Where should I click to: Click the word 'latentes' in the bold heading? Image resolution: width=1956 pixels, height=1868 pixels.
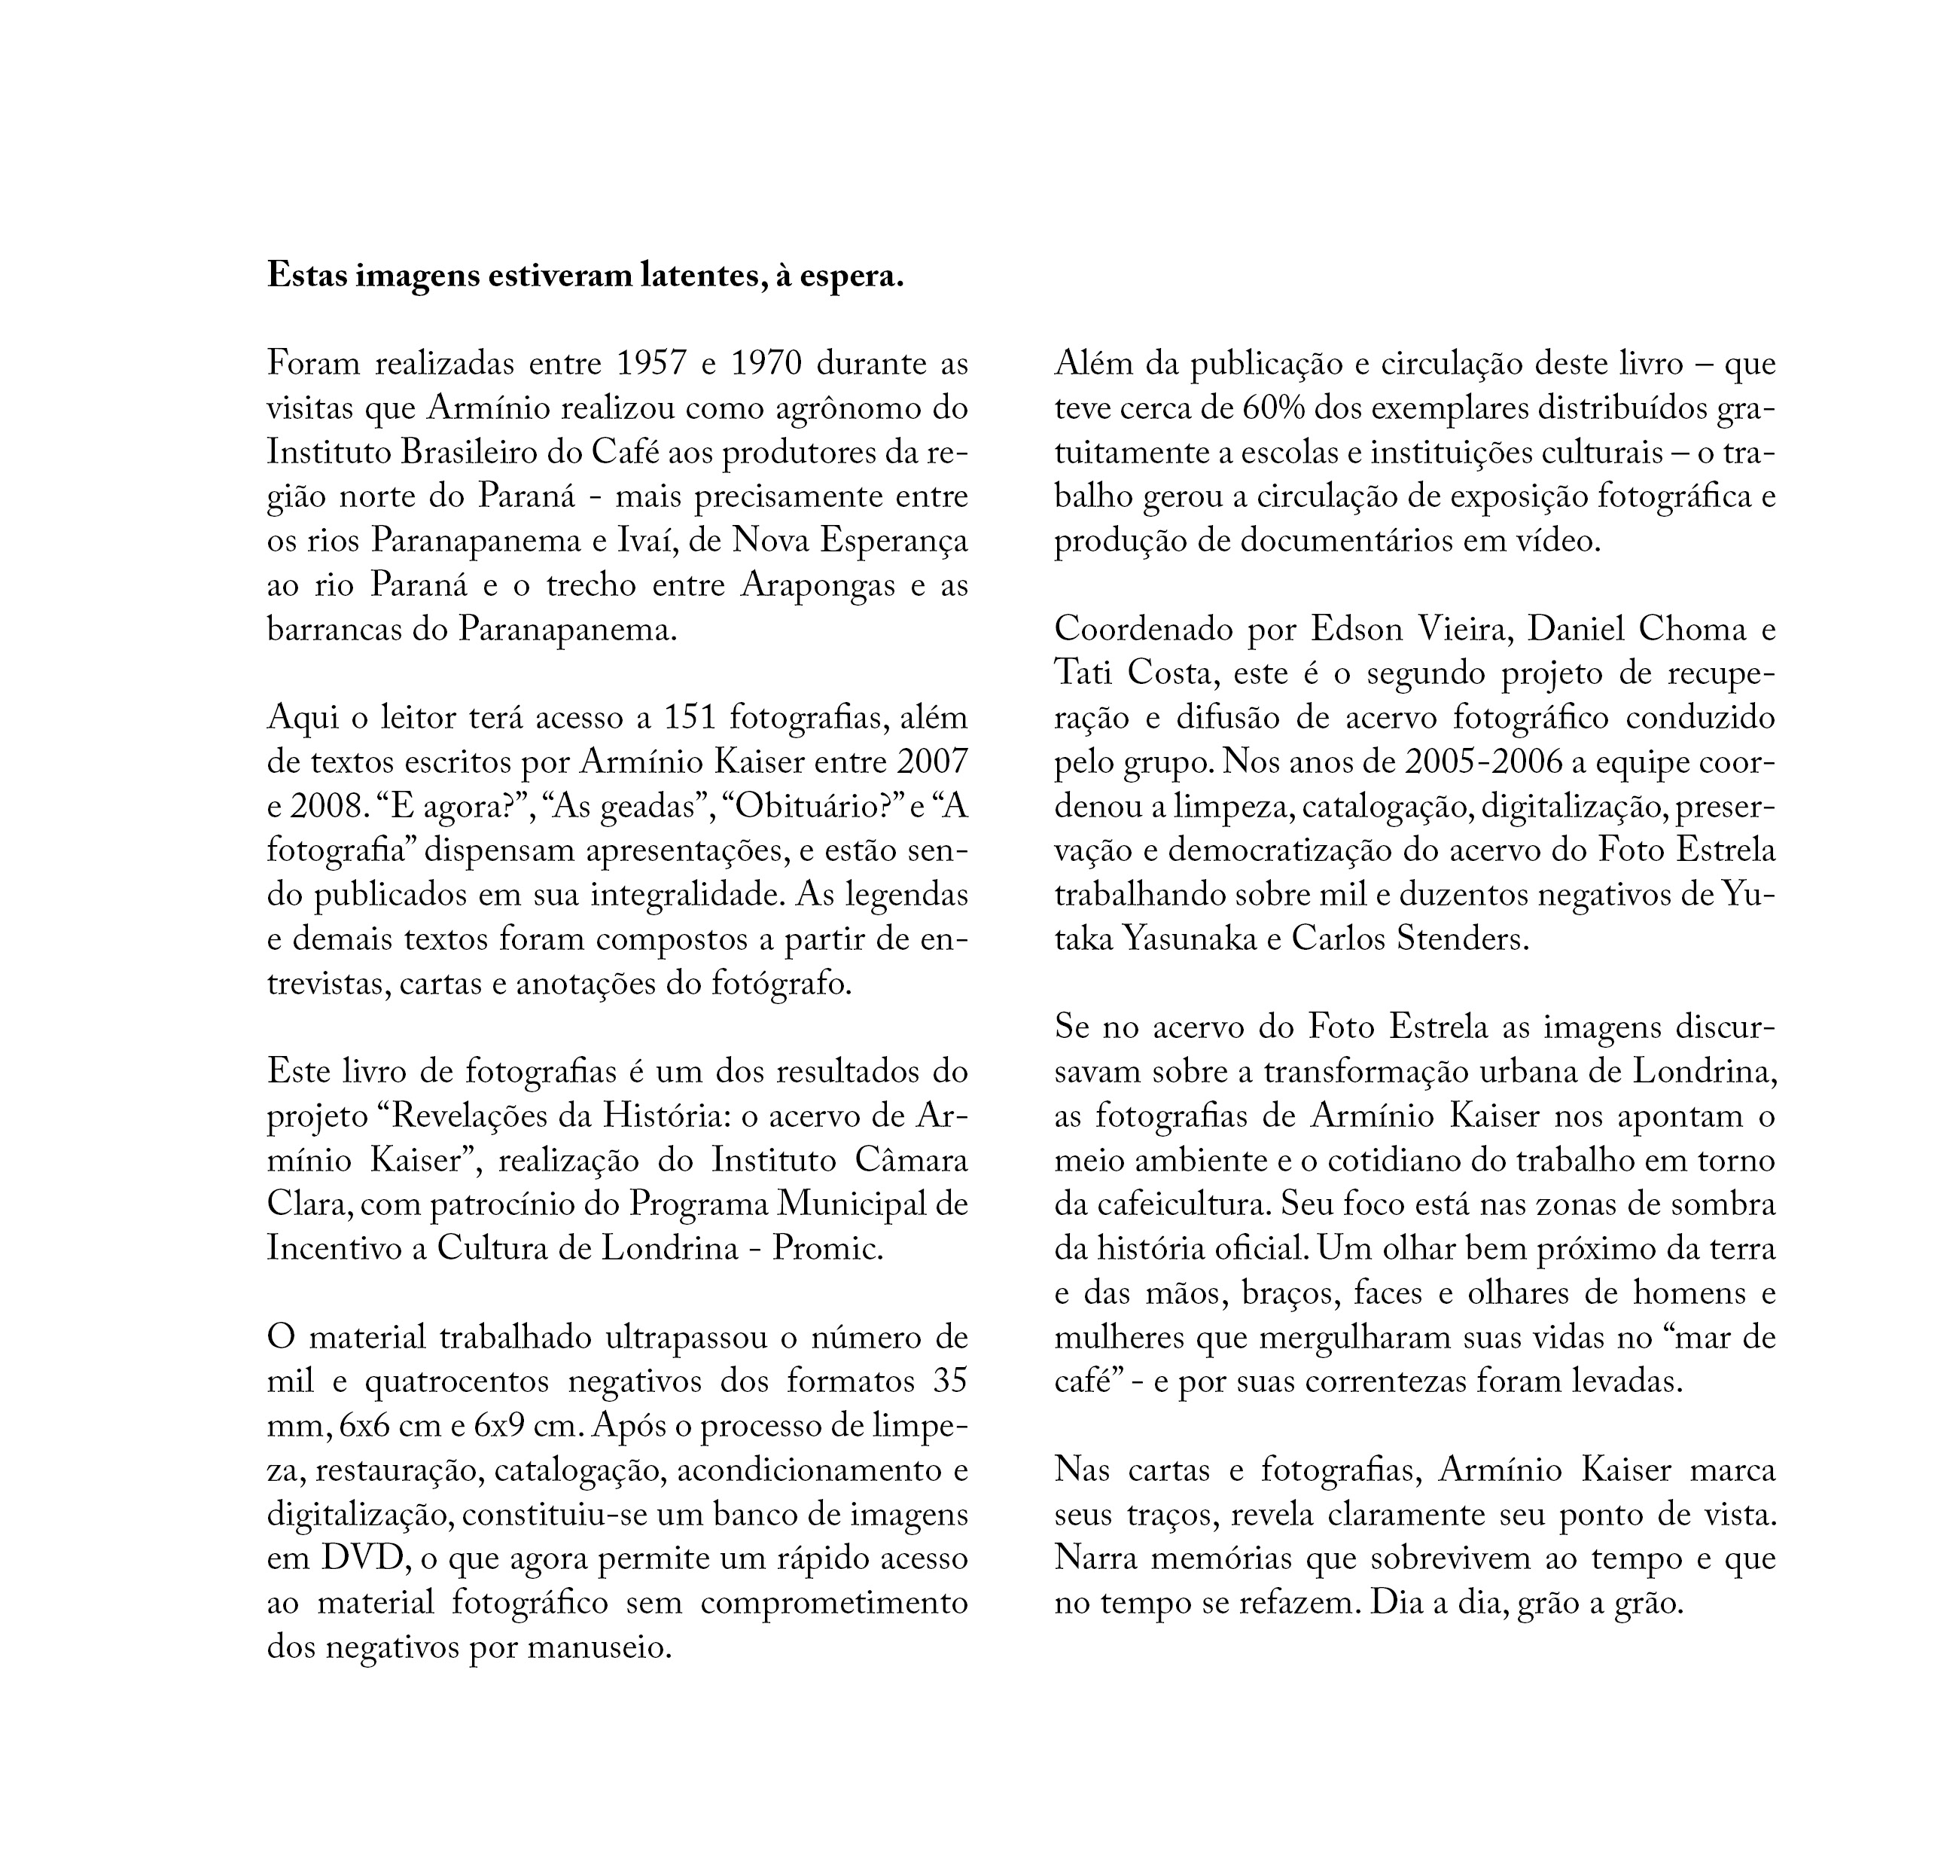coord(680,276)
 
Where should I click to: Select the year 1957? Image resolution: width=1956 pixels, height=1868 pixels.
coord(652,364)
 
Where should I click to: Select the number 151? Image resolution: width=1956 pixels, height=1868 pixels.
coord(686,717)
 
